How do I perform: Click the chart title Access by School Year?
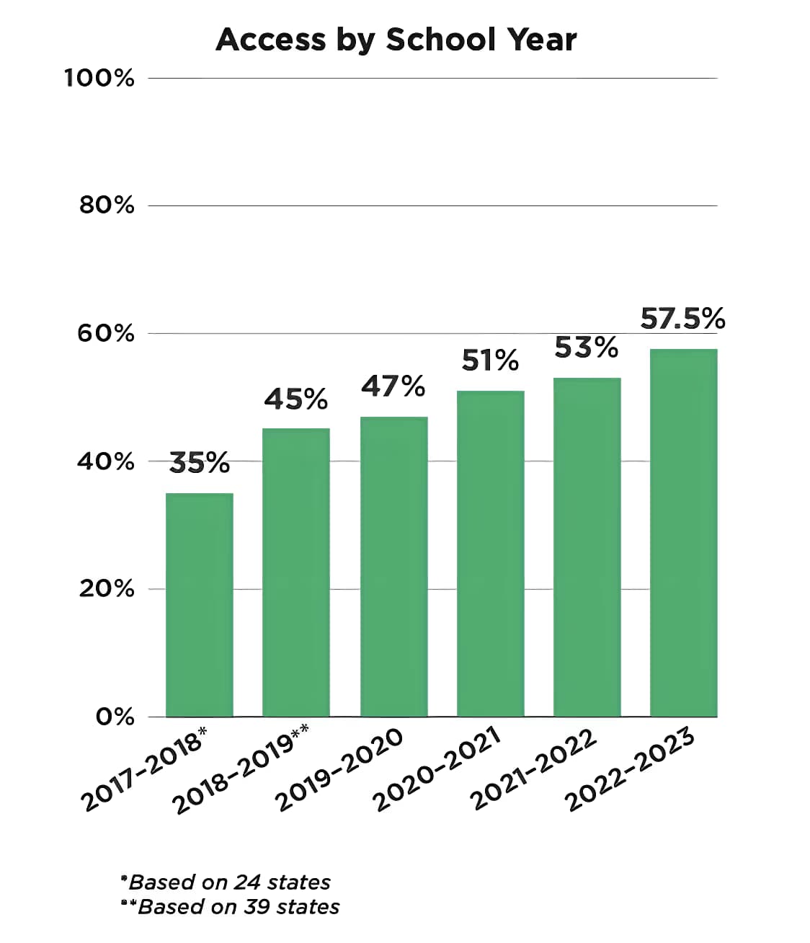click(396, 40)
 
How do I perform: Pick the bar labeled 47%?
click(393, 566)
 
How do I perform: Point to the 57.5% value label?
click(682, 318)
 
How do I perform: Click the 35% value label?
click(200, 463)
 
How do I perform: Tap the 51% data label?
click(490, 360)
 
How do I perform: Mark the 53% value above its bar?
click(587, 347)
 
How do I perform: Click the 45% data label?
click(296, 399)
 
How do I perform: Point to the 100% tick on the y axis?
click(99, 78)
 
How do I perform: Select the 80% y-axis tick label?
click(107, 205)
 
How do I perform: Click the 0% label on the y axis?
click(115, 717)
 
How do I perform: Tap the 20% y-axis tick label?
click(107, 589)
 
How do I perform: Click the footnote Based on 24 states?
click(226, 882)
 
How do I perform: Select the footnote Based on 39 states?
click(231, 906)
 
